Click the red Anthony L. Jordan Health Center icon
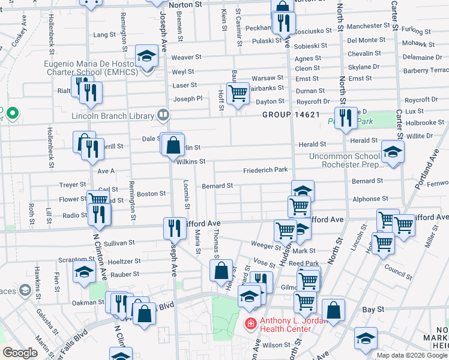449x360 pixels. pyautogui.click(x=249, y=324)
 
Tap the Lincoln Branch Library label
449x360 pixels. pyautogui.click(x=112, y=115)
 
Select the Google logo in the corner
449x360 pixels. pyautogui.click(x=20, y=353)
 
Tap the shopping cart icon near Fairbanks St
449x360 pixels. pyautogui.click(x=238, y=92)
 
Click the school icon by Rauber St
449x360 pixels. pyautogui.click(x=84, y=273)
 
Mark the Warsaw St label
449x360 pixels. pyautogui.click(x=267, y=78)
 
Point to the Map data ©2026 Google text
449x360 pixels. pyautogui.click(x=412, y=355)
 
